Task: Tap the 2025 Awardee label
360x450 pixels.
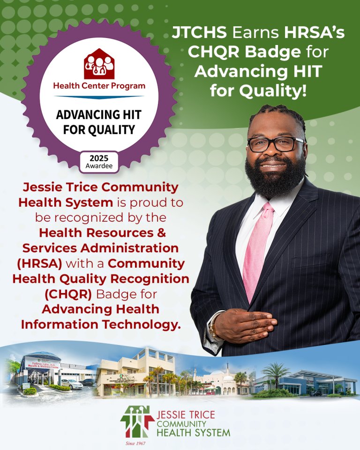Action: tap(99, 162)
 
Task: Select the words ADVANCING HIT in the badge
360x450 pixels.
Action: tap(99, 115)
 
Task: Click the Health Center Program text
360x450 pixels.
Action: tap(99, 86)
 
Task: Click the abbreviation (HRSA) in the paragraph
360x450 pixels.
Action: tap(39, 263)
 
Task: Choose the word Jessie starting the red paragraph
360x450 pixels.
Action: tap(42, 187)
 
